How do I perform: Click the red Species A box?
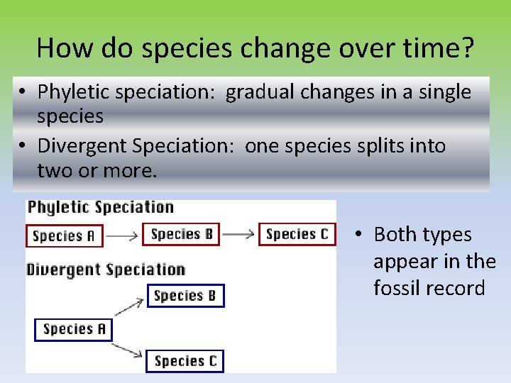click(64, 235)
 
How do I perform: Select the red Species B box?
click(182, 233)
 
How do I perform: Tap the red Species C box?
click(297, 233)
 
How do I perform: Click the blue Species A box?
click(74, 329)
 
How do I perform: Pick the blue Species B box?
click(185, 295)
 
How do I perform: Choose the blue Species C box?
click(185, 361)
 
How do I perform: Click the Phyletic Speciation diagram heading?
click(100, 207)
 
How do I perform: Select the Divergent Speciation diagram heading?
click(106, 270)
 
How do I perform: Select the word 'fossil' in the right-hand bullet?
click(400, 288)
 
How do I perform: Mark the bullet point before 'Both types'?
click(360, 235)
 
